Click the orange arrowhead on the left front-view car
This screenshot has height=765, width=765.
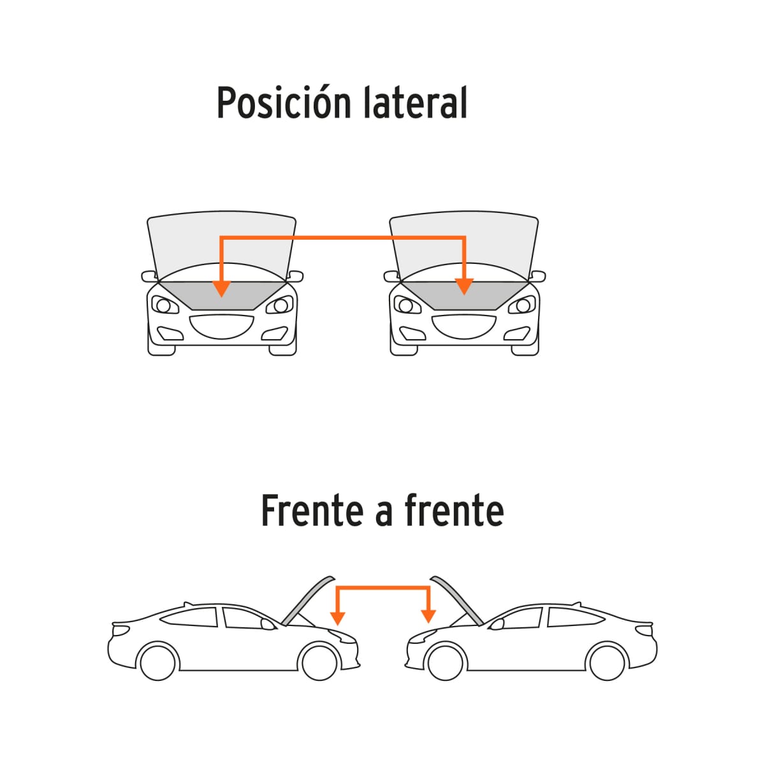pos(221,288)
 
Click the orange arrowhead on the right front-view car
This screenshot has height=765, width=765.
pos(465,287)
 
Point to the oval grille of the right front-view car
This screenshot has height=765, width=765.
pos(464,326)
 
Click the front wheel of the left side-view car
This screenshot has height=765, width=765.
pos(319,661)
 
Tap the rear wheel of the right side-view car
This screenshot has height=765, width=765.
pos(607,662)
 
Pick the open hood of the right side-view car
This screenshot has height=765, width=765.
pos(457,600)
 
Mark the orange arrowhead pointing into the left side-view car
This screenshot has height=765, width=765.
pos(338,617)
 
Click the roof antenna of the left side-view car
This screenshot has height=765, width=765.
pos(187,603)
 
